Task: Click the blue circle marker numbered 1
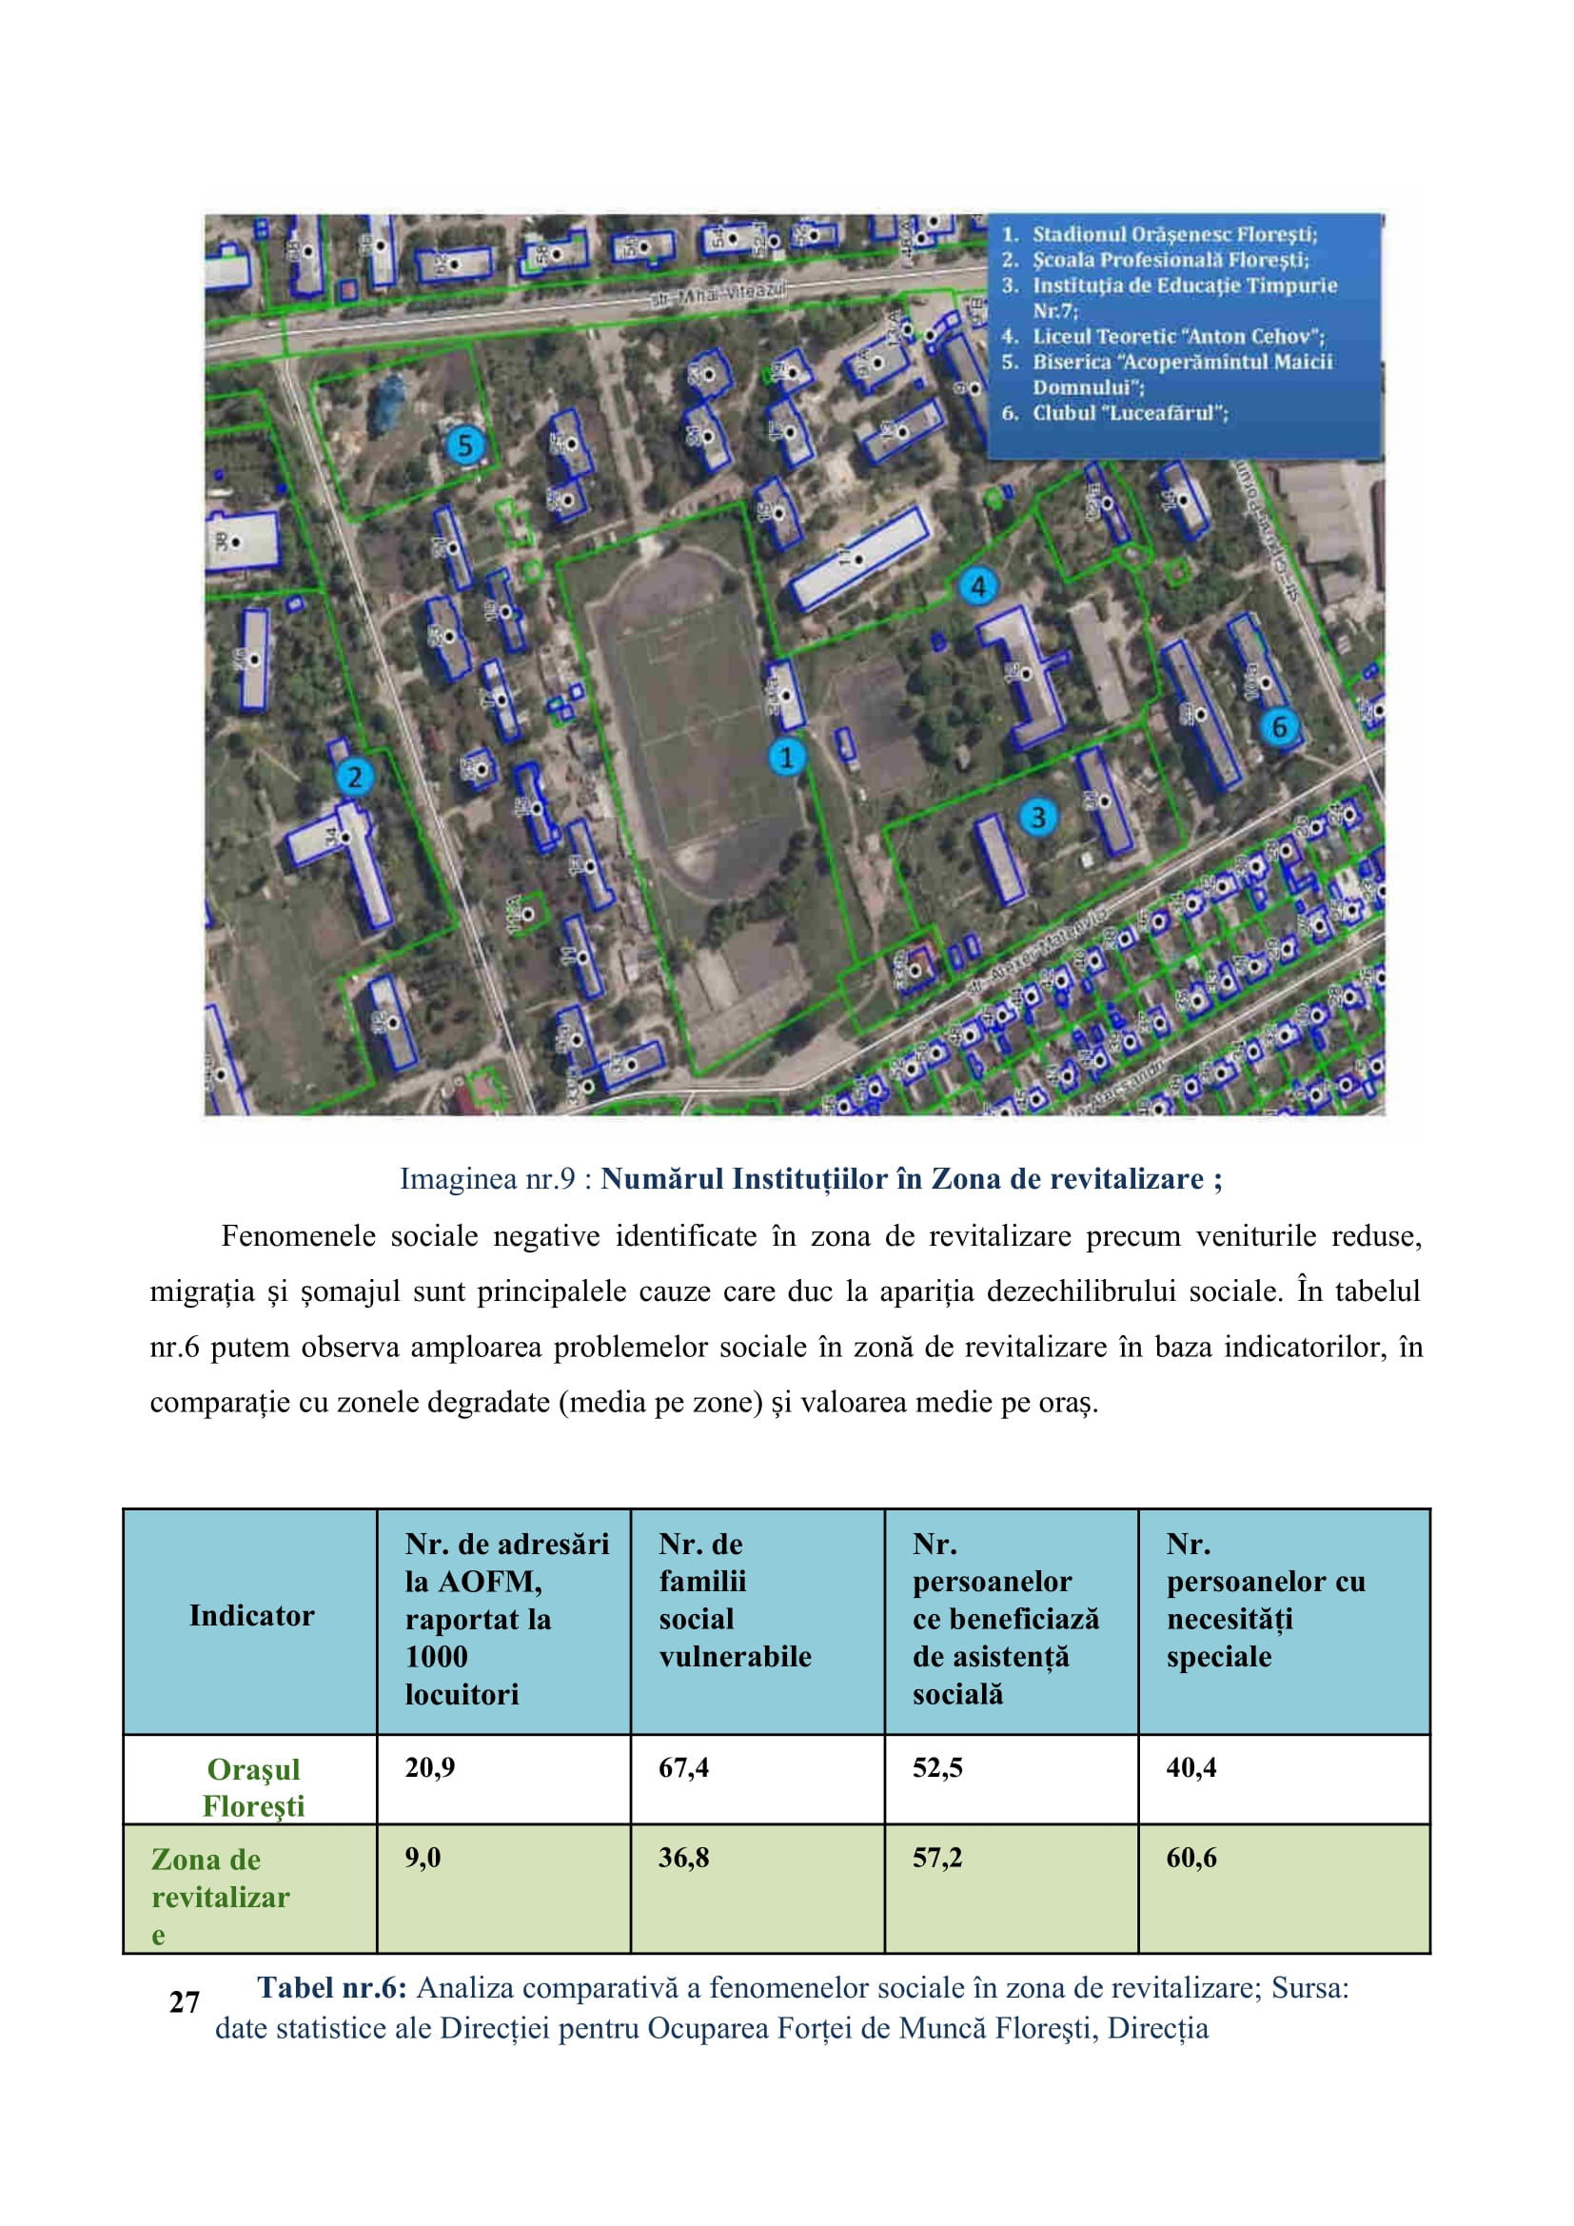786,758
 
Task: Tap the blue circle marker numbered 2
354,777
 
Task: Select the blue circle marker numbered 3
1037,818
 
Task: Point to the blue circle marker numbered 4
978,586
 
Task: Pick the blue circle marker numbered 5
465,446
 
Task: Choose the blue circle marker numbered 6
1279,726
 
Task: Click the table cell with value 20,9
430,1767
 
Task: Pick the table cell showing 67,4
683,1767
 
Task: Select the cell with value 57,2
937,1858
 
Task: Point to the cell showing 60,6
1191,1858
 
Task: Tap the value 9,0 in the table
423,1858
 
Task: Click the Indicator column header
252,1615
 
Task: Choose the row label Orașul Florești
253,1787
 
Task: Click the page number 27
185,2001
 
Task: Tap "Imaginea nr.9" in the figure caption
487,1179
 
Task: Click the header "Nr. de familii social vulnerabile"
735,1600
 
